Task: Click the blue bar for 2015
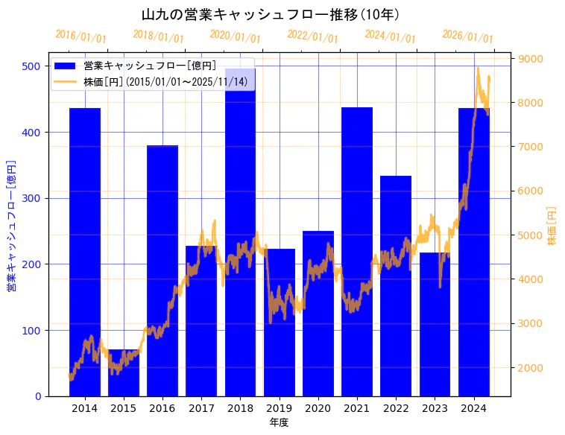pyautogui.click(x=124, y=372)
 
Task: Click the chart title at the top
pyautogui.click(x=271, y=15)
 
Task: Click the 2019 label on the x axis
pyautogui.click(x=279, y=408)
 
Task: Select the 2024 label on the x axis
pyautogui.click(x=473, y=408)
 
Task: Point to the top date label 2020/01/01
pyautogui.click(x=235, y=36)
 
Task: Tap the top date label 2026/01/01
pyautogui.click(x=467, y=36)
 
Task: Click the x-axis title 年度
pyautogui.click(x=279, y=422)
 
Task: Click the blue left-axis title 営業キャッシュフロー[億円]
pyautogui.click(x=11, y=224)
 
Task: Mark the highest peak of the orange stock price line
pyautogui.click(x=478, y=69)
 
